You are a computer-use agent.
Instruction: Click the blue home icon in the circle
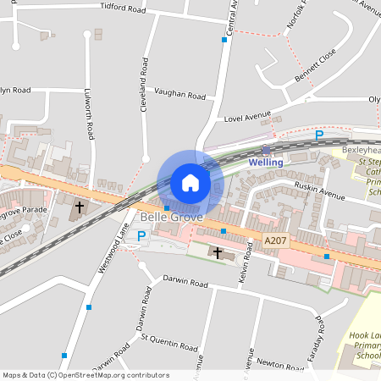(190, 182)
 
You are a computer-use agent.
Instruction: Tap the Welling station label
(265, 162)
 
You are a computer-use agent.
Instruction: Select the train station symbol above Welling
(265, 149)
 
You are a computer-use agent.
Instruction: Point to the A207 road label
(275, 241)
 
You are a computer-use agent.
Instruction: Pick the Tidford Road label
(123, 8)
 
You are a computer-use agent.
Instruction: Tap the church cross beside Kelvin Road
(218, 252)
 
